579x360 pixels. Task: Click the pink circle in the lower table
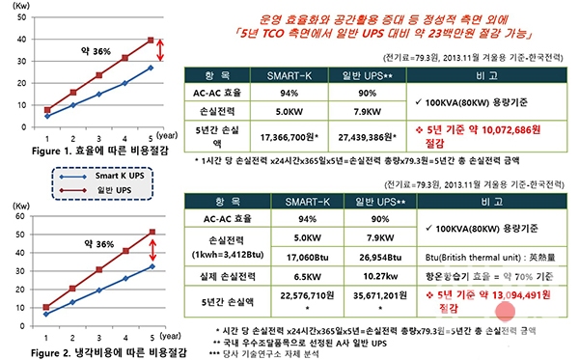pyautogui.click(x=503, y=311)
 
